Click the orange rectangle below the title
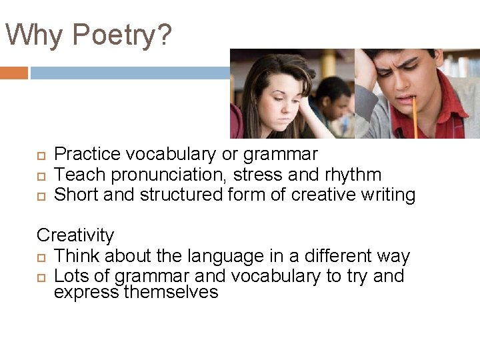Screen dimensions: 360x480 14,73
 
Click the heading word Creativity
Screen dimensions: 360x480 75,235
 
